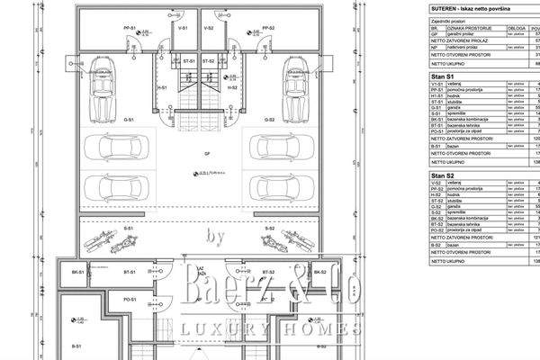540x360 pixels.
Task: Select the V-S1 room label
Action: coord(182,28)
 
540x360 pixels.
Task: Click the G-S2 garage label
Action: coord(268,119)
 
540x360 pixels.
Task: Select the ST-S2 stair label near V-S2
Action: coord(208,60)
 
